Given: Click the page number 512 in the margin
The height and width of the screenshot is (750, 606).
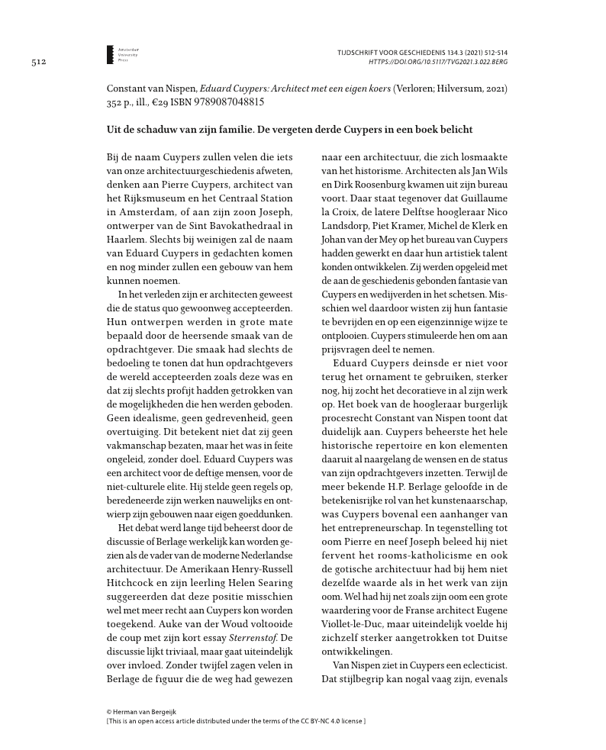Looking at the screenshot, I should coord(40,61).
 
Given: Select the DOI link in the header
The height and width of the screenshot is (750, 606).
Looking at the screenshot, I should coord(438,60).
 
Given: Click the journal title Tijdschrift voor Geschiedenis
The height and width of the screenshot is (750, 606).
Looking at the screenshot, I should coord(395,50).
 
